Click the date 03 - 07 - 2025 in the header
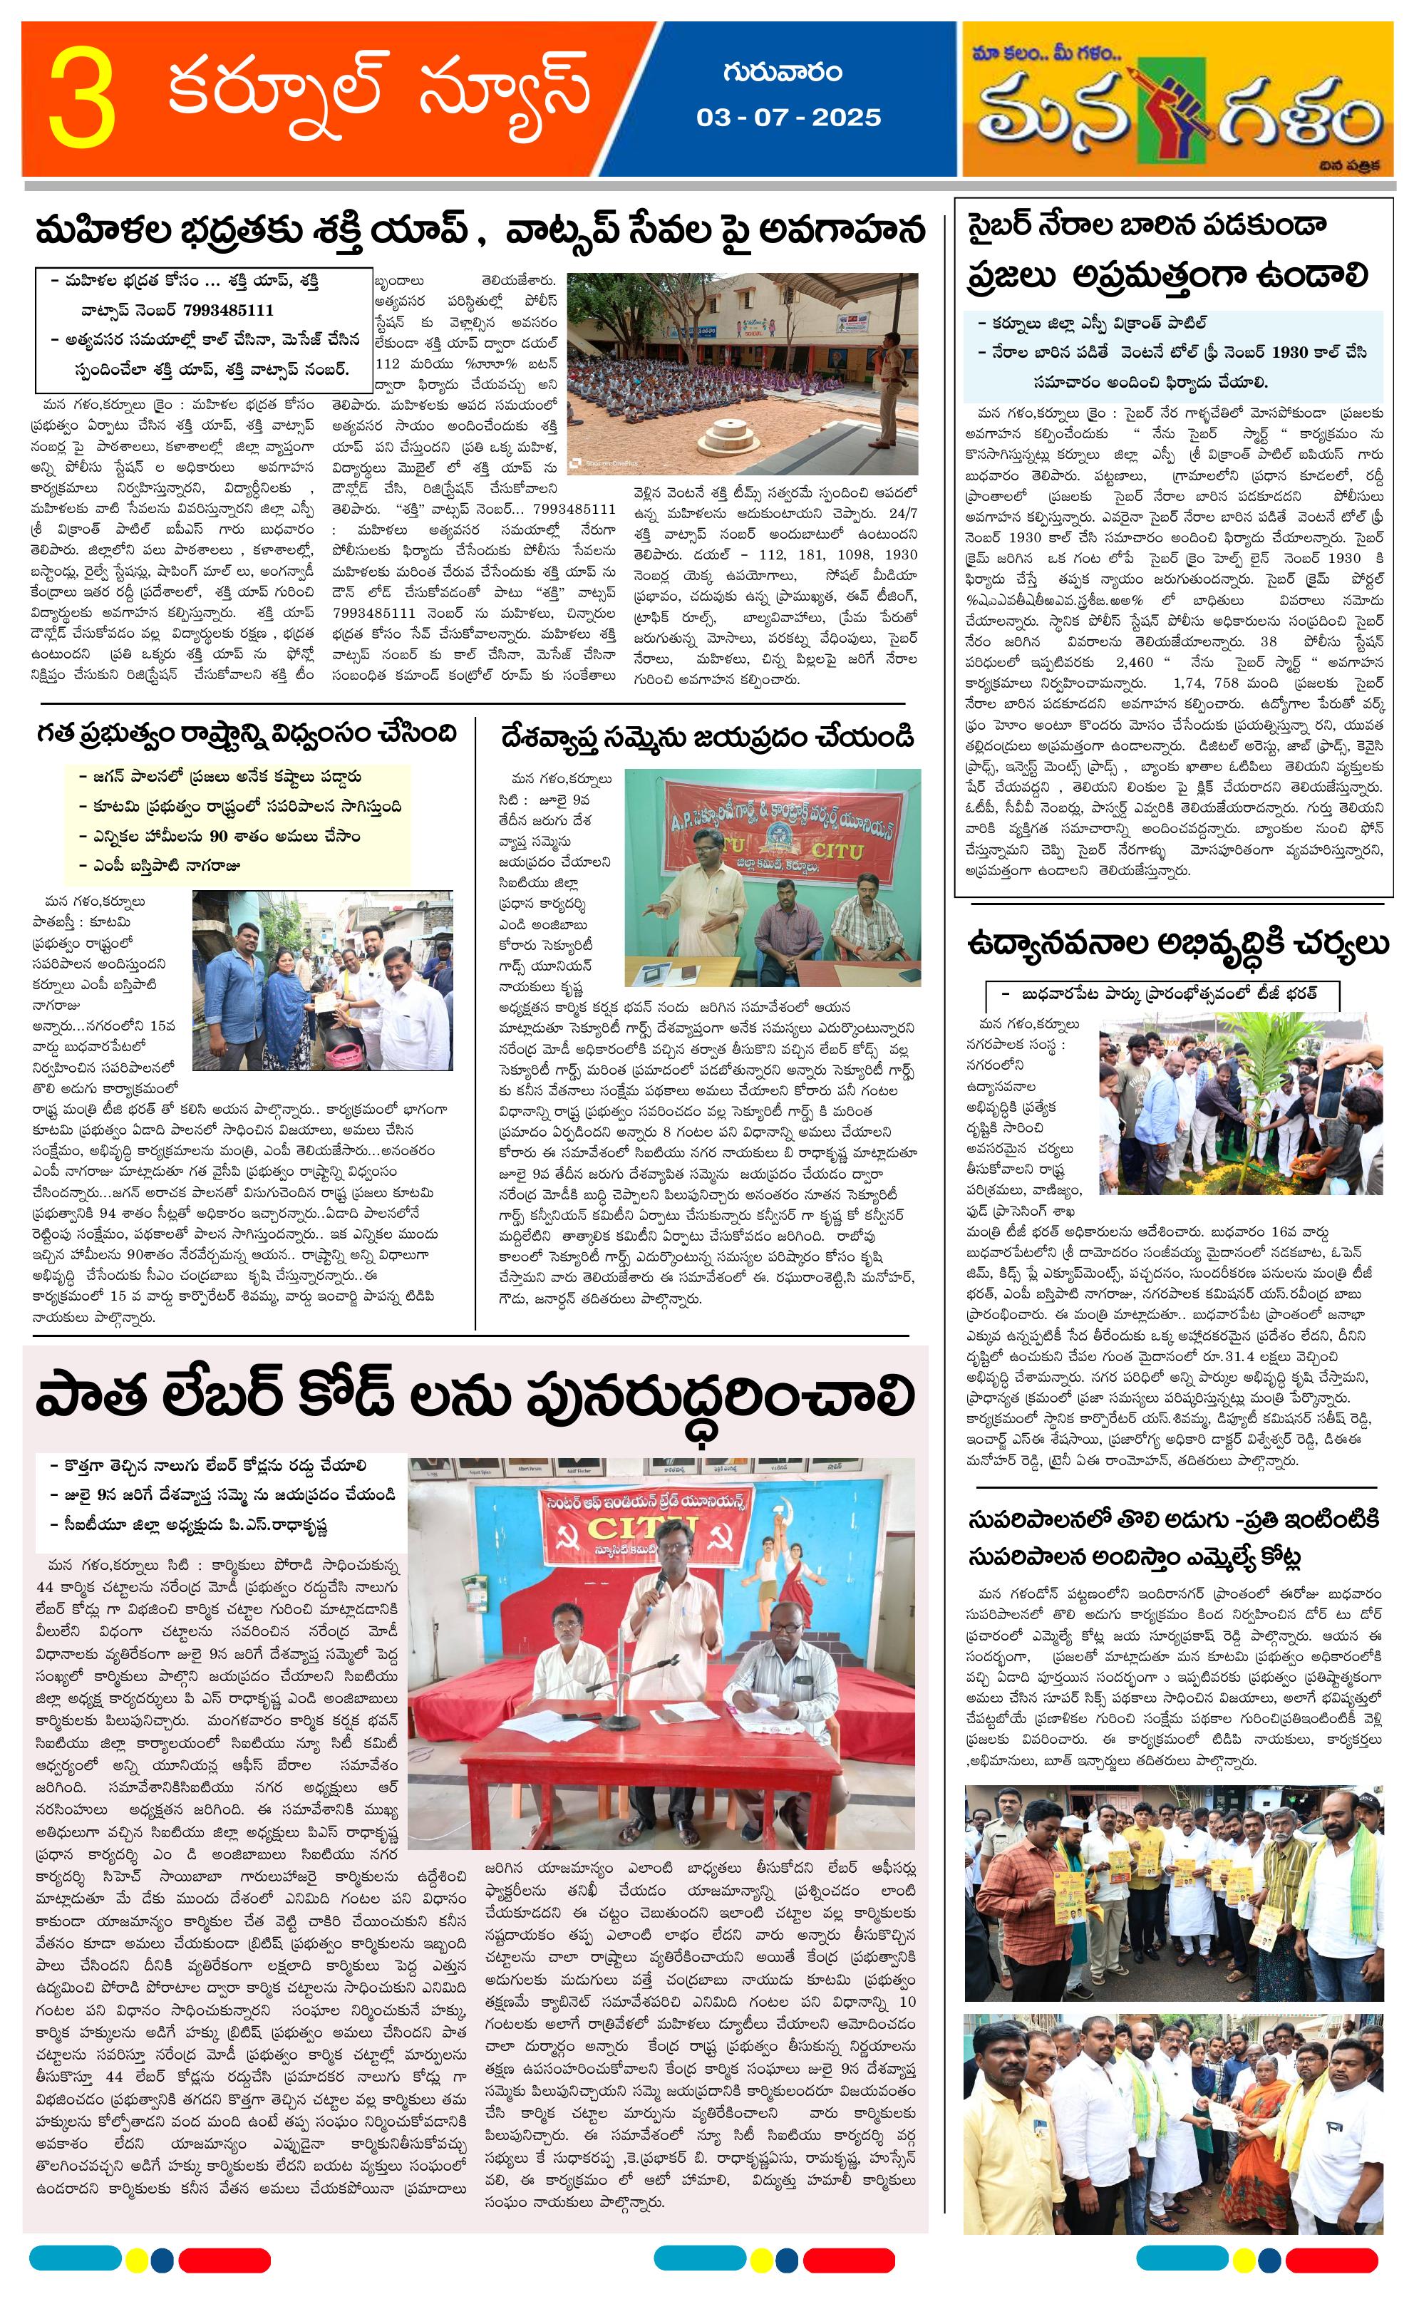pos(788,118)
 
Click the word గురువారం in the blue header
pos(782,72)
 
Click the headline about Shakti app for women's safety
pos(479,231)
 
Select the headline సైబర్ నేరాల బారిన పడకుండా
pos(1147,226)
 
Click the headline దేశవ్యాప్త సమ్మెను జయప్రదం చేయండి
pos(707,738)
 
